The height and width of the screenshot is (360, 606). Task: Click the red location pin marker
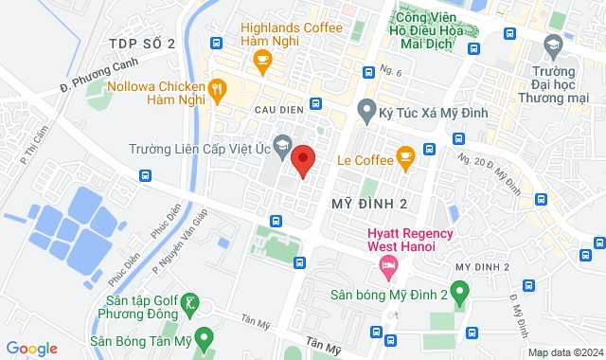303,159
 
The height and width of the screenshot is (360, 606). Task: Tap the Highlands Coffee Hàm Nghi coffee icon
262,61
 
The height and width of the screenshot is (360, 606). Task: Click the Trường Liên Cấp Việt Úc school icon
284,149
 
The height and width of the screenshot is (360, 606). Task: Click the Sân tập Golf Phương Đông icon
190,303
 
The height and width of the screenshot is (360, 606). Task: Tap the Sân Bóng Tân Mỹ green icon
207,341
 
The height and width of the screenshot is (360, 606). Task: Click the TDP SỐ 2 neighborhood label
143,44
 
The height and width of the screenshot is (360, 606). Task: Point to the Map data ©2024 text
564,352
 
